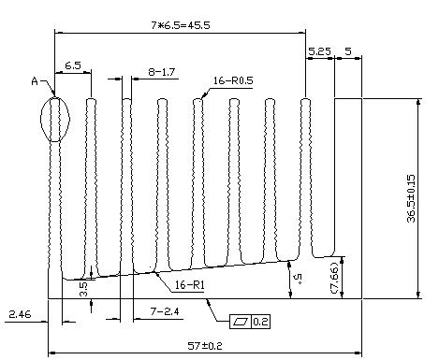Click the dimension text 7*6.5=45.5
click(181, 25)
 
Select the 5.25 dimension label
click(319, 51)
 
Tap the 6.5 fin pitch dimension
click(73, 65)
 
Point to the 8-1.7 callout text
click(161, 72)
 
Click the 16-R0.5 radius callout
click(233, 80)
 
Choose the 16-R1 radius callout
click(189, 285)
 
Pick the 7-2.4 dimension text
click(165, 311)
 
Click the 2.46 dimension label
click(20, 314)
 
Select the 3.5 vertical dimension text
click(84, 289)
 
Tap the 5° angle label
click(299, 277)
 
